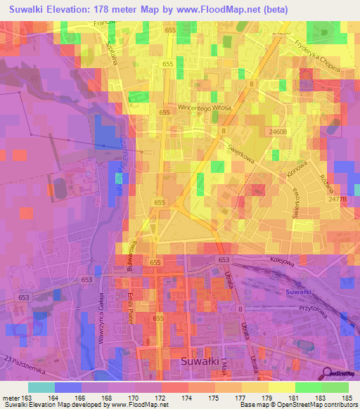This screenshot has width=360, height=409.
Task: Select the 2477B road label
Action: (x=338, y=200)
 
